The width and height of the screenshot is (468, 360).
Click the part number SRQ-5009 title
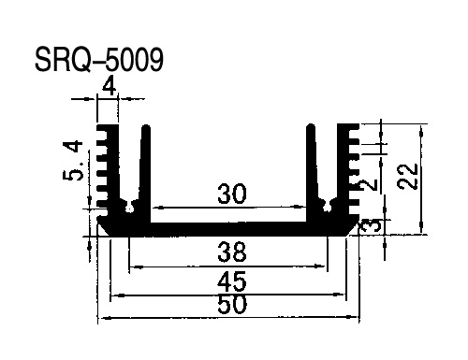pos(99,60)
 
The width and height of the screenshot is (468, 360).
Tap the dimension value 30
pos(232,194)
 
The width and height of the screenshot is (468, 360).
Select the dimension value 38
pos(232,252)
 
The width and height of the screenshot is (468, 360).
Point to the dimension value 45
pos(232,281)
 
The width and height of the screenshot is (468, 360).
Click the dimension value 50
pos(232,304)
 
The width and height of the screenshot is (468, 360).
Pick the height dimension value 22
pos(408,176)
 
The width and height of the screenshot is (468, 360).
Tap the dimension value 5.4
pos(73,161)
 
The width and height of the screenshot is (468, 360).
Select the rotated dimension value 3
pos(371,225)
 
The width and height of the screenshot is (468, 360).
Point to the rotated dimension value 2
pos(368,185)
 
